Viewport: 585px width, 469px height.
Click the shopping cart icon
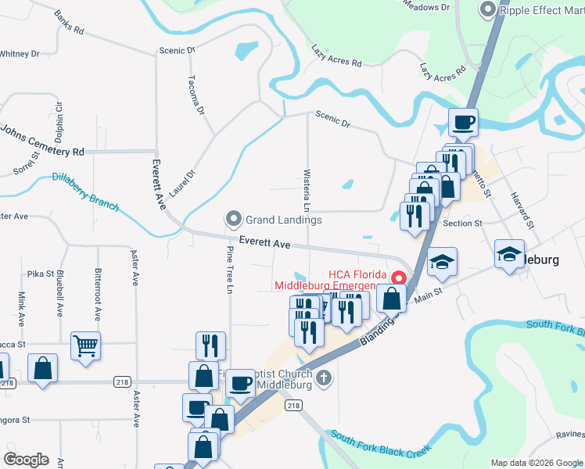pos(85,344)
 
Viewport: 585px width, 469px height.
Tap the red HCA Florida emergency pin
pos(398,277)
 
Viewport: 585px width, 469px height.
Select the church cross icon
pos(325,378)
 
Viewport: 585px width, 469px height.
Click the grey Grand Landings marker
pos(232,218)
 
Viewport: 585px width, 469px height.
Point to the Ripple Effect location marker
pos(487,9)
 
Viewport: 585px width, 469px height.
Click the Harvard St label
pos(521,210)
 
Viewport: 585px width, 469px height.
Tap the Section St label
pos(462,224)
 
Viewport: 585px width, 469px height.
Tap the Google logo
pos(27,460)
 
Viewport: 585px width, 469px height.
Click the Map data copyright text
pos(537,463)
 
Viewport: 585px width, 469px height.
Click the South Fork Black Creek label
pos(380,446)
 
